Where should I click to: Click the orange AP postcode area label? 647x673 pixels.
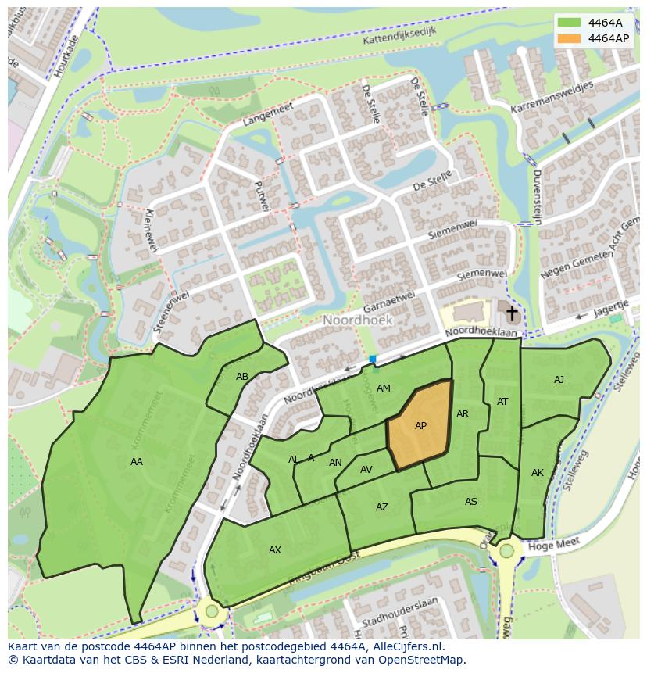420,426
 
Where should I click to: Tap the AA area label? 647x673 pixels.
137,462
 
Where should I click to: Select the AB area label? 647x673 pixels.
242,377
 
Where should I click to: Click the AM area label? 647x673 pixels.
383,388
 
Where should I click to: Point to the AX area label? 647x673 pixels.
275,550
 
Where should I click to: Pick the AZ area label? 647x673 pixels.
381,507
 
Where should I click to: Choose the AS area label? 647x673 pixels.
470,502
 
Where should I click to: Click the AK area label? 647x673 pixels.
538,473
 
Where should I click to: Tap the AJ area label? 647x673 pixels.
559,380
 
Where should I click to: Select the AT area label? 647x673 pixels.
502,402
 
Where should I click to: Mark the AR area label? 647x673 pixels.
463,414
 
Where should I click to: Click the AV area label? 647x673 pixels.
366,470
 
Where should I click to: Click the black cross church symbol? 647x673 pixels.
512,314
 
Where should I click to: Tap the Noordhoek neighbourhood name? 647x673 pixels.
358,320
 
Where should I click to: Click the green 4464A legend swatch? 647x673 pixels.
569,23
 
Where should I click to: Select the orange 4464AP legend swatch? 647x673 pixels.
569,38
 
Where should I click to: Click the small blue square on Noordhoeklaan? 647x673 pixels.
373,360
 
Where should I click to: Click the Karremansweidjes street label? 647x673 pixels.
552,96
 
